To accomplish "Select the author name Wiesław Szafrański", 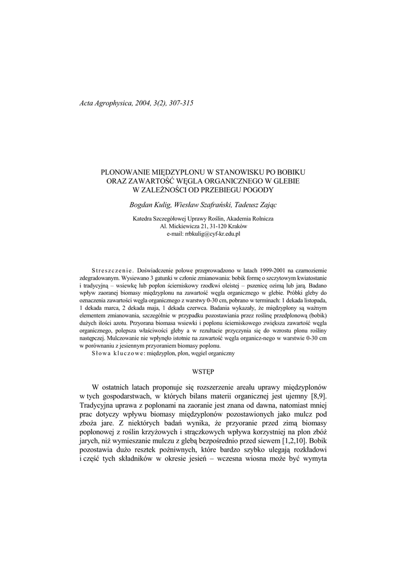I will [198, 204].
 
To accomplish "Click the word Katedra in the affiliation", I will [142, 218].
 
